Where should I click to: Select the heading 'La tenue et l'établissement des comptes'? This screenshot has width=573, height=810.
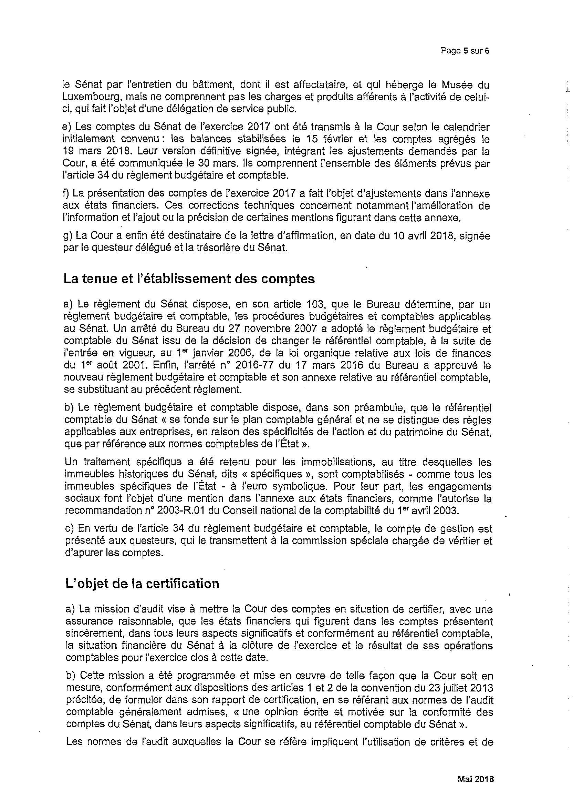(x=189, y=279)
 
